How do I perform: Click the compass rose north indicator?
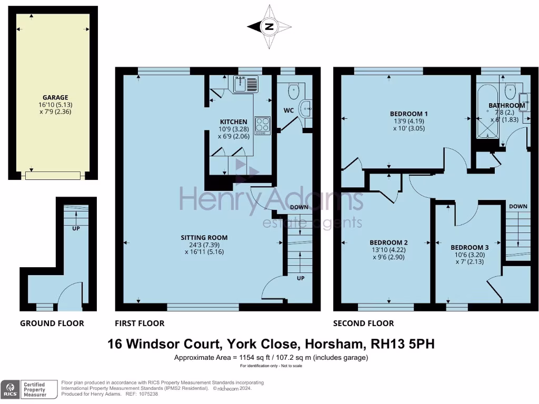269,27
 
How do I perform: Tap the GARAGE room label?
55,97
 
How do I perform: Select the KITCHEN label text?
233,122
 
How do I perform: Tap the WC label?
288,111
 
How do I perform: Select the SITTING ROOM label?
202,237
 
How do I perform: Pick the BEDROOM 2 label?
388,243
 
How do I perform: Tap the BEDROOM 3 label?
470,247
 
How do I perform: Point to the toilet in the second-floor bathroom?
510,92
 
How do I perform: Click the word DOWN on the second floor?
518,207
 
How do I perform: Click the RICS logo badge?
9,389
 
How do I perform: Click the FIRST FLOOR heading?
139,323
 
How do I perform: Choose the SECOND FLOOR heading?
363,323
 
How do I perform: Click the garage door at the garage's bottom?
55,175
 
